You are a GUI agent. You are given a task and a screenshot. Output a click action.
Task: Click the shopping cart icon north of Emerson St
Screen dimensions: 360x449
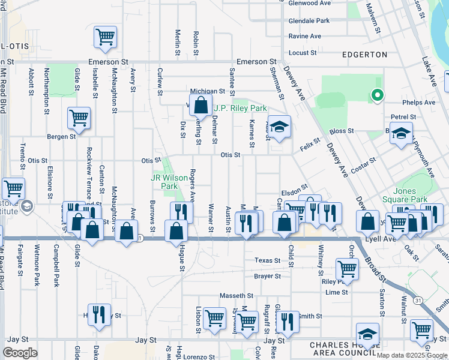click(105, 37)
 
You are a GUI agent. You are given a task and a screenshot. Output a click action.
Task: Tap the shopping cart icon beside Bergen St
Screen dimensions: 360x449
click(79, 118)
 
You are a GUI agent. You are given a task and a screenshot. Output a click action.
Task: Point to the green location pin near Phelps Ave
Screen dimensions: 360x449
click(377, 95)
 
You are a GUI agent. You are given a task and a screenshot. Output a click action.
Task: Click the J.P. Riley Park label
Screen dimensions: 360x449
click(240, 109)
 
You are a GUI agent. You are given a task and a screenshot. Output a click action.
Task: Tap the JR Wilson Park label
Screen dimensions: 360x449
click(164, 182)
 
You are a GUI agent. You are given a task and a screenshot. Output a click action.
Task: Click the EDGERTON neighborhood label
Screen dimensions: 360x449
click(364, 55)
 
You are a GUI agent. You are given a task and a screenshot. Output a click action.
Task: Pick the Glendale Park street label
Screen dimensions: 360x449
click(309, 20)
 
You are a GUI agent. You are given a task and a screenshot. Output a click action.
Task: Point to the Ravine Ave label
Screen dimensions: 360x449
click(305, 36)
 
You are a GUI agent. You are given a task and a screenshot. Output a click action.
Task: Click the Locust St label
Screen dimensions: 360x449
click(303, 53)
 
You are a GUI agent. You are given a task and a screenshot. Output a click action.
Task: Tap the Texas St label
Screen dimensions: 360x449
click(267, 260)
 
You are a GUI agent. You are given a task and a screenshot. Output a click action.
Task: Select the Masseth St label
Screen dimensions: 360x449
click(237, 296)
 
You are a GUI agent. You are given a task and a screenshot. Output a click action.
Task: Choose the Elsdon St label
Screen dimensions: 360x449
click(295, 188)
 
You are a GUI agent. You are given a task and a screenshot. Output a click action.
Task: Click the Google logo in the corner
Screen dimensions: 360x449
click(20, 353)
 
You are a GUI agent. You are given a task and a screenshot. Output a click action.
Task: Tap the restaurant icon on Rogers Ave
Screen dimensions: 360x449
click(181, 212)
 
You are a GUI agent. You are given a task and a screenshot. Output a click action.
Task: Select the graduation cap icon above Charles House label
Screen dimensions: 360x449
click(367, 334)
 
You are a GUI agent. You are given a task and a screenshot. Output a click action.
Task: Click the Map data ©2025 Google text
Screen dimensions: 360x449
click(412, 355)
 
